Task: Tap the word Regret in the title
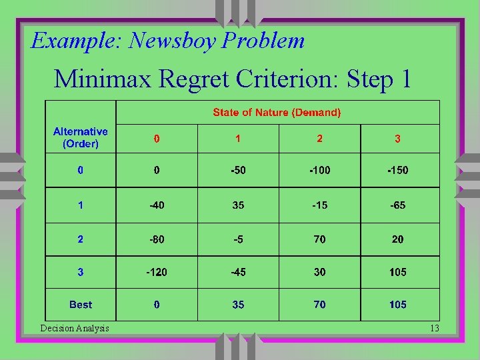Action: click(x=202, y=79)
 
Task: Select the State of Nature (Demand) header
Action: click(x=277, y=113)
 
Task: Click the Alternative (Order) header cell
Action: click(x=80, y=138)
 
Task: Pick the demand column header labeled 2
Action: click(x=320, y=139)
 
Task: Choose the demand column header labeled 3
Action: click(x=398, y=139)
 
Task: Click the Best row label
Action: click(x=80, y=305)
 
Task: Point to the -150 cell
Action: click(x=398, y=171)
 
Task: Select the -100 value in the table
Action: click(x=319, y=171)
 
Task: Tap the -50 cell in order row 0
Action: click(x=238, y=171)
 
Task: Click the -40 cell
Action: click(x=157, y=205)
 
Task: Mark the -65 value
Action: click(x=398, y=205)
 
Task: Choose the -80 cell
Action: click(x=157, y=239)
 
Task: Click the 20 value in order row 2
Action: click(x=398, y=239)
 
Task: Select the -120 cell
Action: click(x=157, y=272)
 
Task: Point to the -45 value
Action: click(x=238, y=272)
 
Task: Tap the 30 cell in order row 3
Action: click(x=320, y=272)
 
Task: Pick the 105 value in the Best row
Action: click(x=398, y=305)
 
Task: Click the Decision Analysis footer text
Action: click(x=75, y=328)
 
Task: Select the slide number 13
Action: click(x=435, y=328)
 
